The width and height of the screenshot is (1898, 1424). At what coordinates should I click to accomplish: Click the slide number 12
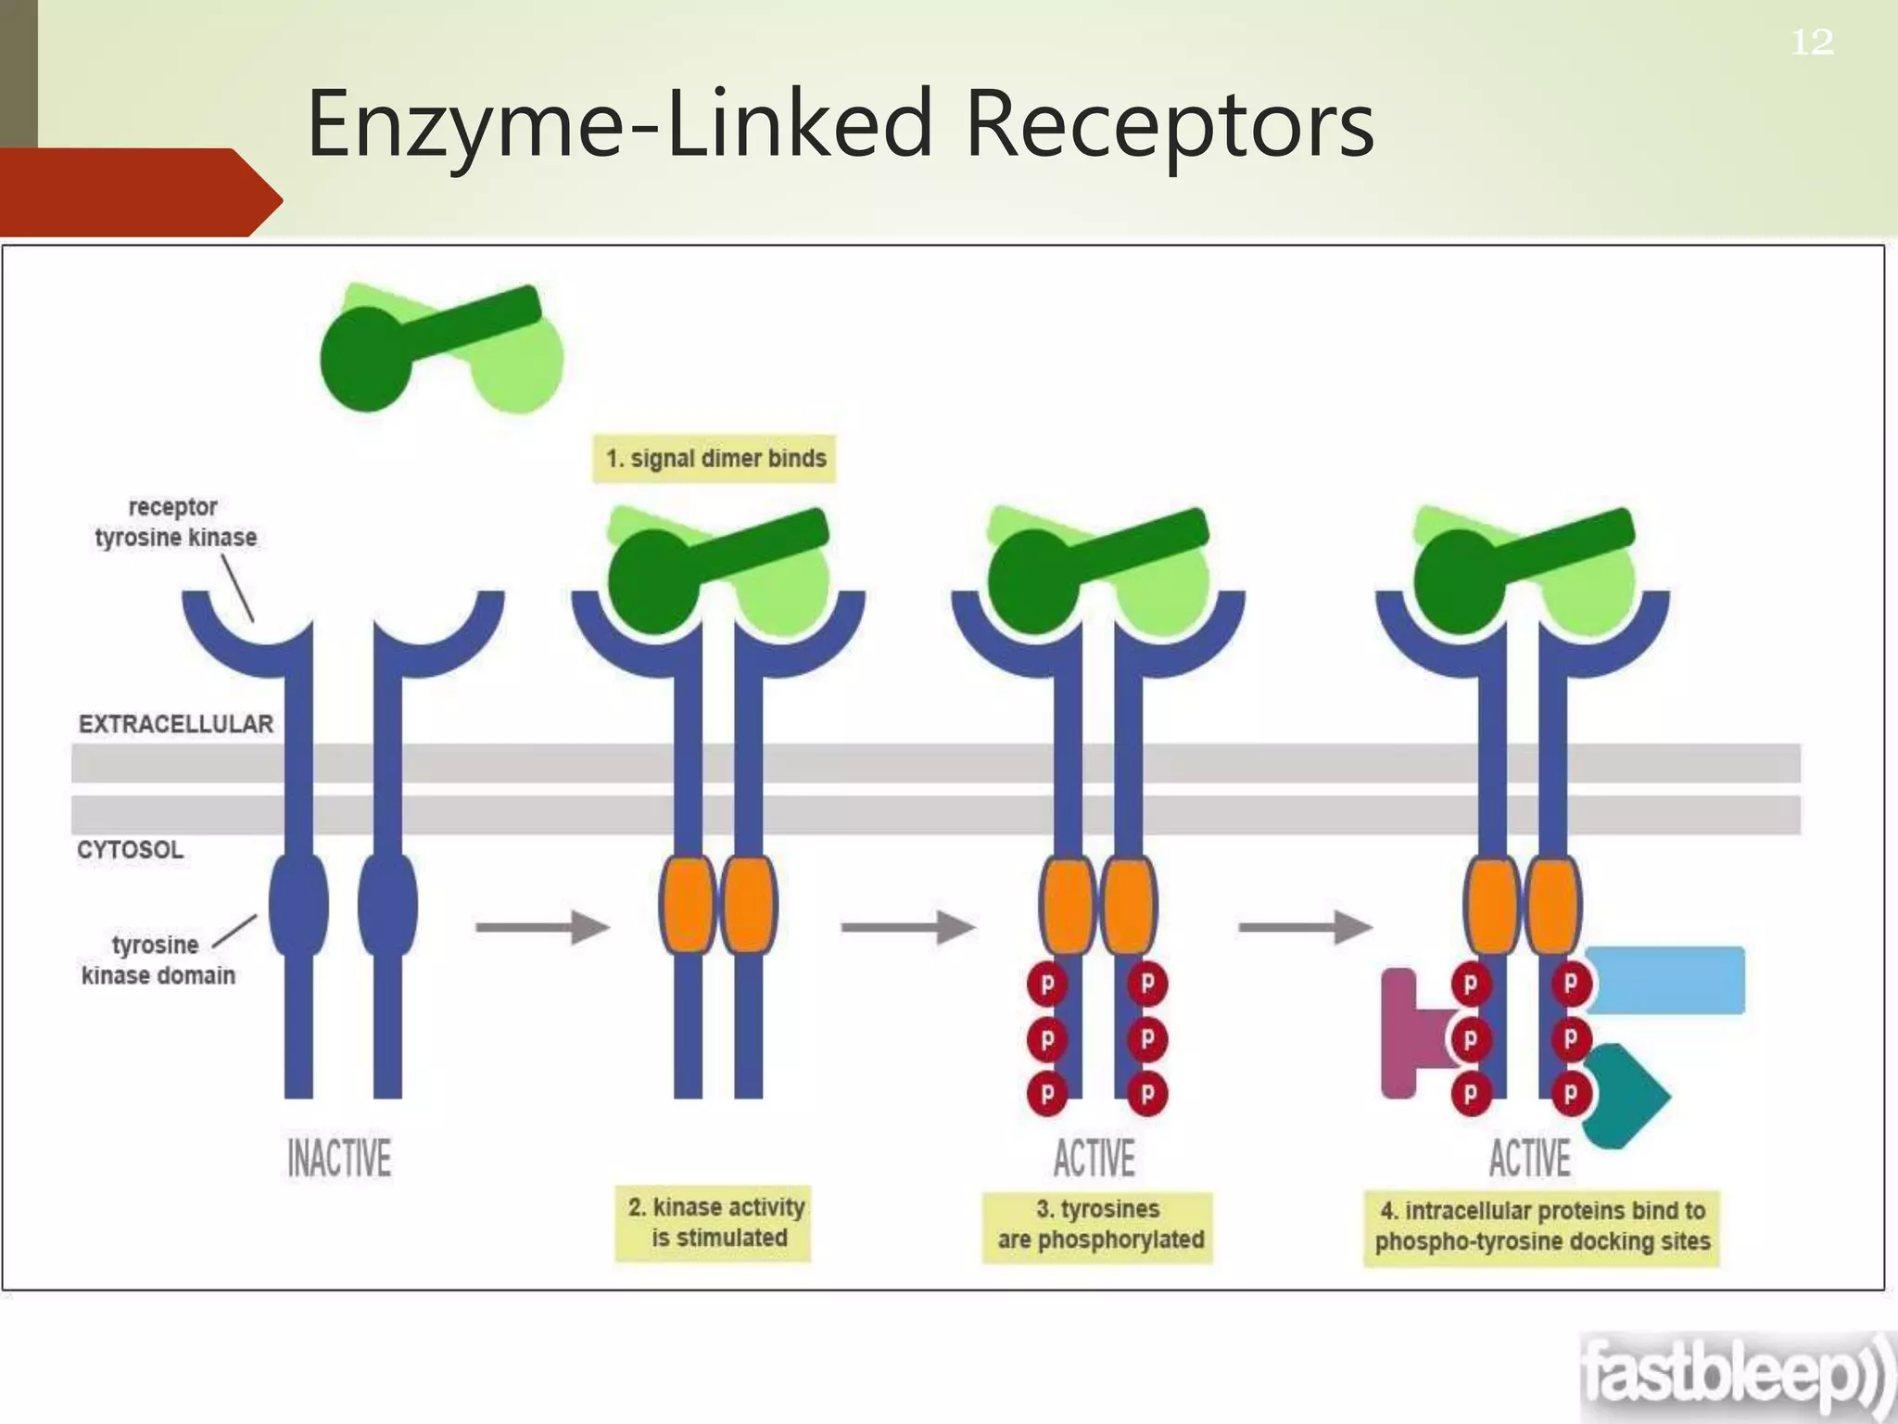pos(1811,43)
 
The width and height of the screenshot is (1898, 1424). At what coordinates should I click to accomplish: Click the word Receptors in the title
pos(1170,124)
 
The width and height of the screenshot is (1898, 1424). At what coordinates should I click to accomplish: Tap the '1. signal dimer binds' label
pos(715,459)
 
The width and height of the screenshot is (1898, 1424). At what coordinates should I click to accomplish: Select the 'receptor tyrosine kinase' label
pos(175,523)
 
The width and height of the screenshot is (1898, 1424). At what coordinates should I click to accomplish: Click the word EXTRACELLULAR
pos(176,724)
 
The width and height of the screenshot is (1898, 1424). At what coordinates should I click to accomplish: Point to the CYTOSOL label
pos(131,849)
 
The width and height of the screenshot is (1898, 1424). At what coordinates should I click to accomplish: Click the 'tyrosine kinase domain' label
pos(158,960)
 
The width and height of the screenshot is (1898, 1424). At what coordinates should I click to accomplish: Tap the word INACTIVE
pos(339,1159)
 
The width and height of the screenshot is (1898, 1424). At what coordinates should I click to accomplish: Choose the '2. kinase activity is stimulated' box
pos(714,1223)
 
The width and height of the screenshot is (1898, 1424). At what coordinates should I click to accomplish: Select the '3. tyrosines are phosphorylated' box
pos(1098,1225)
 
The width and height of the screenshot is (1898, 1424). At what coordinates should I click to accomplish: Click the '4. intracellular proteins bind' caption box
pos(1541,1227)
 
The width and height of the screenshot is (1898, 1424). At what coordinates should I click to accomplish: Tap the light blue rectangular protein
pos(1665,980)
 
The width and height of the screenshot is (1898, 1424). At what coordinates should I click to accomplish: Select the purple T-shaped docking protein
pos(1404,1033)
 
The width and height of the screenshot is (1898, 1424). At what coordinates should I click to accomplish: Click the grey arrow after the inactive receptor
pos(542,926)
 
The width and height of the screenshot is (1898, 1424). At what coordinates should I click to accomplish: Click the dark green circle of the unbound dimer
pos(365,360)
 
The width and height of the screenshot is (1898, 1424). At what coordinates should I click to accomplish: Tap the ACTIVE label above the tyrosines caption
pos(1095,1159)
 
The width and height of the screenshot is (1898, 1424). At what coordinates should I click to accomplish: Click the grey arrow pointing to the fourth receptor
pos(1305,926)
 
